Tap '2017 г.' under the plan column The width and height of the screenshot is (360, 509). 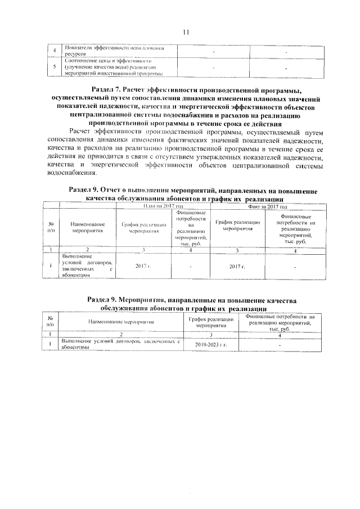click(143, 265)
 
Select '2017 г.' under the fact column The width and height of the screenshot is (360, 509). click(237, 265)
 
